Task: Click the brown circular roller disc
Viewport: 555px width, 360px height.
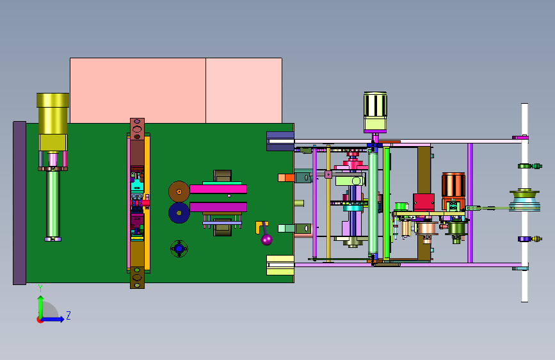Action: [179, 192]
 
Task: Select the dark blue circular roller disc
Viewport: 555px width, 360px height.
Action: [179, 213]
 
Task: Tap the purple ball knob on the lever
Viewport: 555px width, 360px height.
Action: [266, 240]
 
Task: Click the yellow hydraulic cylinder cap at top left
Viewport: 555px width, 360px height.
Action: [52, 101]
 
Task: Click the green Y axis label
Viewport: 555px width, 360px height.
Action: [40, 288]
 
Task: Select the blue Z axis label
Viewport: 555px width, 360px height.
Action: [68, 315]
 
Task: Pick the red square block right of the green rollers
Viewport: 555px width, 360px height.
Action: [424, 202]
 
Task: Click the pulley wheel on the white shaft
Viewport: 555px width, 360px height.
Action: [524, 200]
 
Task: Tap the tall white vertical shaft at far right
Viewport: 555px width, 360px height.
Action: [524, 202]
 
